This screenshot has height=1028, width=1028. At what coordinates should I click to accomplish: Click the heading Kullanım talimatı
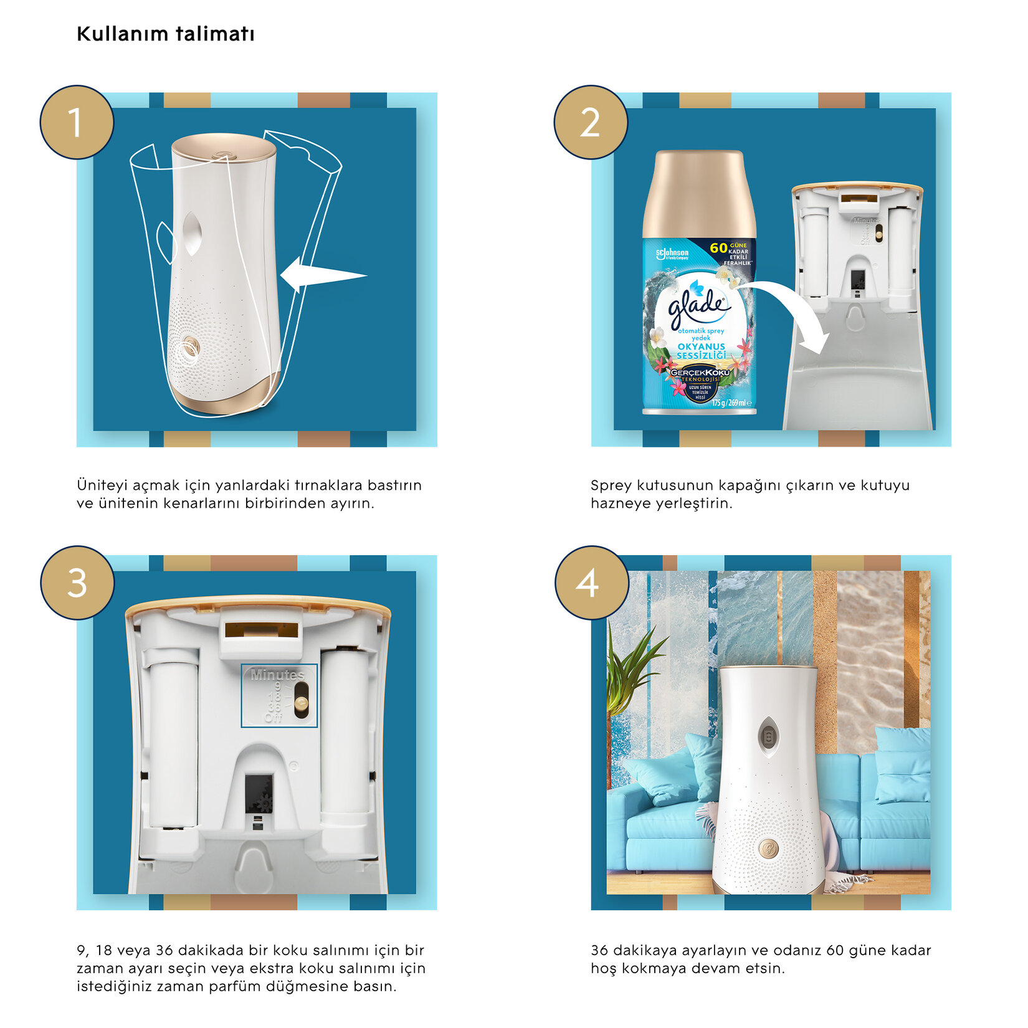[x=165, y=34]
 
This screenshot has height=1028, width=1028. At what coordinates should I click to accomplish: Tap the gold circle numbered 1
[x=77, y=122]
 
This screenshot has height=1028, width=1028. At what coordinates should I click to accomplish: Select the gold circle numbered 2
[x=591, y=122]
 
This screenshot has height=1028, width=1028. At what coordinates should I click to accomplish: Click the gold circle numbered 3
[x=77, y=583]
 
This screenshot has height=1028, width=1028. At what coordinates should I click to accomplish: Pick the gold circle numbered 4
[x=591, y=583]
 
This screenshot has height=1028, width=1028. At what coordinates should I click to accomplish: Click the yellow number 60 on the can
[x=718, y=248]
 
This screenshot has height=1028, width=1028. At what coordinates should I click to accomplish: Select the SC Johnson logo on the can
[x=672, y=254]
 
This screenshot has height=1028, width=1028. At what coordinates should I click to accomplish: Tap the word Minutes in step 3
[x=277, y=675]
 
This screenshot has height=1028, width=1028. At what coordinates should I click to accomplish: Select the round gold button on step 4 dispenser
[x=769, y=847]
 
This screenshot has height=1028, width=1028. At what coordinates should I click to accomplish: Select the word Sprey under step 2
[x=611, y=485]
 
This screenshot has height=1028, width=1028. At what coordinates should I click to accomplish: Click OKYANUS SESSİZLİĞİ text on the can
[x=702, y=351]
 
